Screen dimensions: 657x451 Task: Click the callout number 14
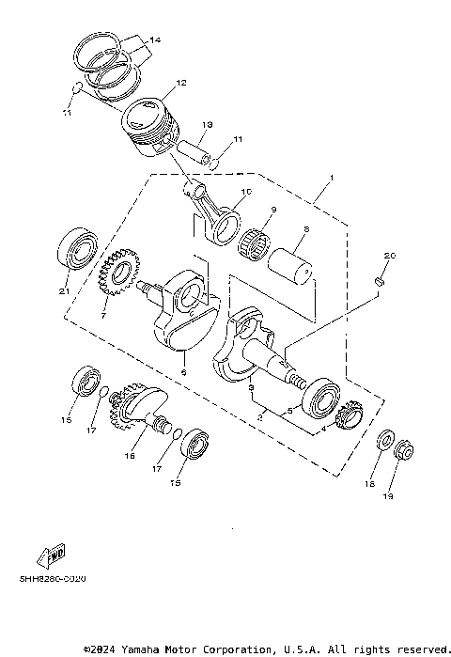(x=155, y=39)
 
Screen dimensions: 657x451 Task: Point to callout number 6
(x=184, y=373)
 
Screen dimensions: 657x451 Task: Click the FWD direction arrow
(x=48, y=558)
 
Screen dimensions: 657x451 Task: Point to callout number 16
(x=131, y=456)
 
